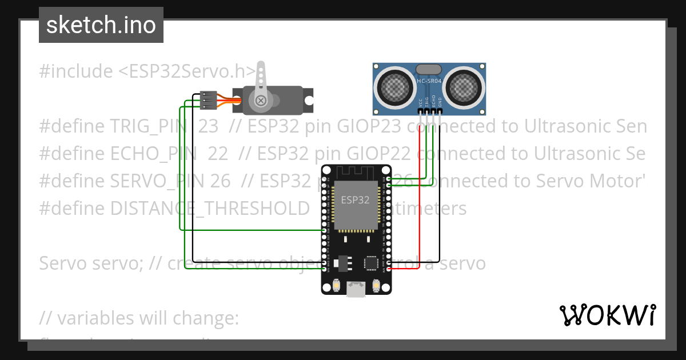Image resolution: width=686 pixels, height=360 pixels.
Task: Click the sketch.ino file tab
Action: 101,25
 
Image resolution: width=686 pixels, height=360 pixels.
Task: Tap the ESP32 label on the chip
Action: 355,200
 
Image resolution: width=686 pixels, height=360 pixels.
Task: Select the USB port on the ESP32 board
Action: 357,289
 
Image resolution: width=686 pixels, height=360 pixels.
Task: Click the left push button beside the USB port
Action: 336,285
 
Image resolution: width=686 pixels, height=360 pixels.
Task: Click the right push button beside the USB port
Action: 377,285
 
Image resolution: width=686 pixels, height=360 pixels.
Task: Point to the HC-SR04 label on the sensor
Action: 429,81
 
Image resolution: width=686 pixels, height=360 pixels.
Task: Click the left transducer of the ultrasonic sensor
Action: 394,87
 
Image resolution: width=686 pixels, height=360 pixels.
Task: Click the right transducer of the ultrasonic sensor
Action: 464,87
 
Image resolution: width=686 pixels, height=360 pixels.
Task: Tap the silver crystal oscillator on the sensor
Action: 429,70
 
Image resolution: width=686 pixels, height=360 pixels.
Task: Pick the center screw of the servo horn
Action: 261,101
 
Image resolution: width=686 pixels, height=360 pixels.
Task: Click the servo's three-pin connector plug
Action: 209,101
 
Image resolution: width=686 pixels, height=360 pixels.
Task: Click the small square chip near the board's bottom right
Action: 371,262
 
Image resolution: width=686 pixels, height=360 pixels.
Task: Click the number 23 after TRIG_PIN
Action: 204,126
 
